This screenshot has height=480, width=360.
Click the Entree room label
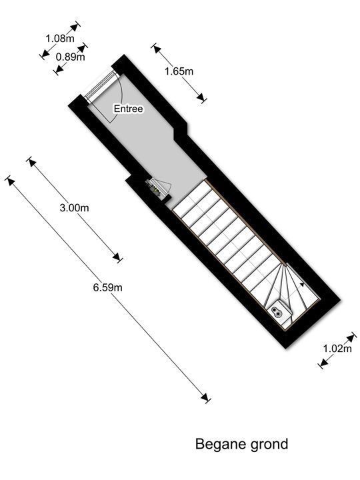click(128, 109)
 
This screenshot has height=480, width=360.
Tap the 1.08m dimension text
click(60, 38)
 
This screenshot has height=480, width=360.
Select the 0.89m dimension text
click(71, 57)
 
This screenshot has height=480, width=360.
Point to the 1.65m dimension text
click(179, 71)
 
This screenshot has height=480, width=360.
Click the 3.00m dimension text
click(75, 208)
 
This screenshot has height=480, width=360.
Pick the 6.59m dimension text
click(108, 287)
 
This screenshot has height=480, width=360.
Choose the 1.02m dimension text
click(337, 349)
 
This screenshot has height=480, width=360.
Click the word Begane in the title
click(221, 444)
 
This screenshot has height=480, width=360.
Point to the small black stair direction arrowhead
click(302, 285)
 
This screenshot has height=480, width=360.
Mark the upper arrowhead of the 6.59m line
click(11, 181)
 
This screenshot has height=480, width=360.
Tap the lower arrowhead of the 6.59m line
click(205, 397)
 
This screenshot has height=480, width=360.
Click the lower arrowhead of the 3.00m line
click(117, 257)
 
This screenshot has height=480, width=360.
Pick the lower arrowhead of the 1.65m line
click(201, 97)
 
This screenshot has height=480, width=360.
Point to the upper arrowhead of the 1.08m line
click(74, 28)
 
